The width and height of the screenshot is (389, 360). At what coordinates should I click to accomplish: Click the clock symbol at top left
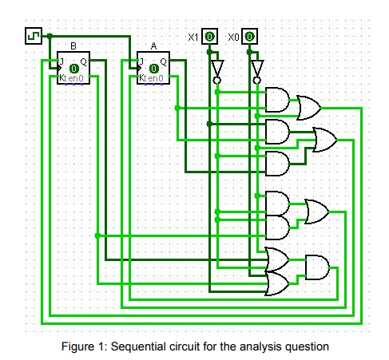pyautogui.click(x=34, y=36)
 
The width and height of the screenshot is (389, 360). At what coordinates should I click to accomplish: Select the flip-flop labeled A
pyautogui.click(x=153, y=67)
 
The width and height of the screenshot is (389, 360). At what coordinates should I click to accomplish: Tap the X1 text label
pyautogui.click(x=193, y=37)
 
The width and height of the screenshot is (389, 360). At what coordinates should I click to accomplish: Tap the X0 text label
pyautogui.click(x=233, y=37)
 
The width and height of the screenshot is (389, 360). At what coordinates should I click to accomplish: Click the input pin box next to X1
pyautogui.click(x=208, y=37)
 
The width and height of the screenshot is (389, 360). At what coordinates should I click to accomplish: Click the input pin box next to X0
pyautogui.click(x=249, y=37)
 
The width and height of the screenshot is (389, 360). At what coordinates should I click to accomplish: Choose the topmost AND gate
pyautogui.click(x=277, y=100)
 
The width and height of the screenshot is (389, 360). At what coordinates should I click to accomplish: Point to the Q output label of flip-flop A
pyautogui.click(x=164, y=61)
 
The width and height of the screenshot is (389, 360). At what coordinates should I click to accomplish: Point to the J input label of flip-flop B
pyautogui.click(x=62, y=61)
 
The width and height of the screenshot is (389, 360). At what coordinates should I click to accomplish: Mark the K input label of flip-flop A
pyautogui.click(x=141, y=78)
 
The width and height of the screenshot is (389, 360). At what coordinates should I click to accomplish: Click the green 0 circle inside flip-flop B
pyautogui.click(x=73, y=69)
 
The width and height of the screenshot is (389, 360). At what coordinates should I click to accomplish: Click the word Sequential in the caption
pyautogui.click(x=141, y=346)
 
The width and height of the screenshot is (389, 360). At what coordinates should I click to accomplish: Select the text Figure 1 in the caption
pyautogui.click(x=85, y=346)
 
